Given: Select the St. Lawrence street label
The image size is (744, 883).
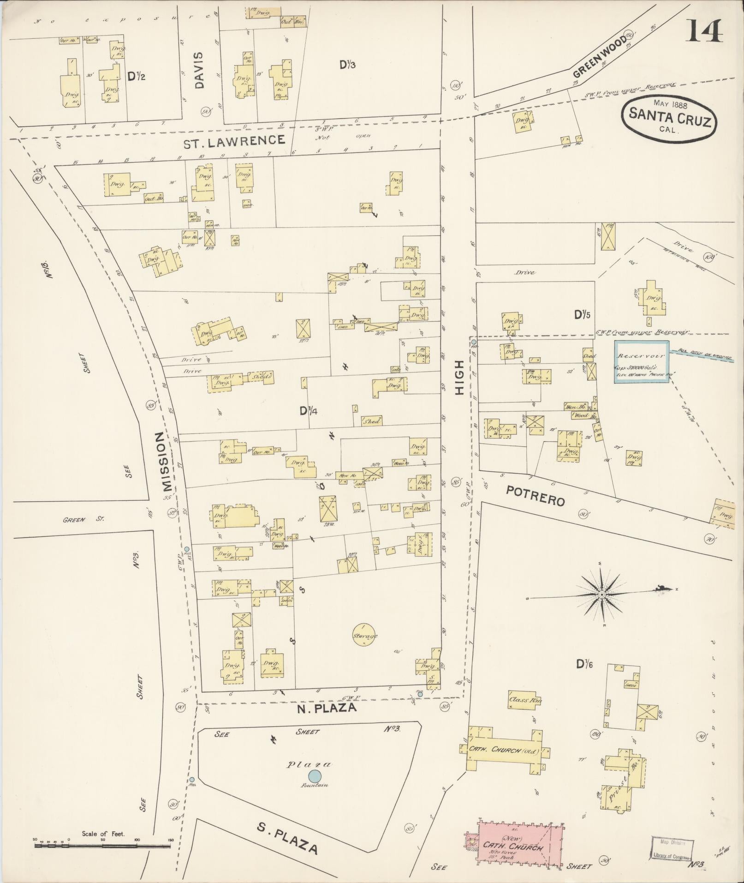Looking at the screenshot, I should click(x=234, y=141).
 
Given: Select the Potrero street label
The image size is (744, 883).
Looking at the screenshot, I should click(x=535, y=495).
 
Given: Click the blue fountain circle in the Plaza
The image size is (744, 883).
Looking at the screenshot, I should click(x=315, y=776).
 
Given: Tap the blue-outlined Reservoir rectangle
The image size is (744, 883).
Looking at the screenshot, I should click(x=641, y=361).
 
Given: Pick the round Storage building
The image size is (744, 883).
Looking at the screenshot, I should click(x=365, y=635).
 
